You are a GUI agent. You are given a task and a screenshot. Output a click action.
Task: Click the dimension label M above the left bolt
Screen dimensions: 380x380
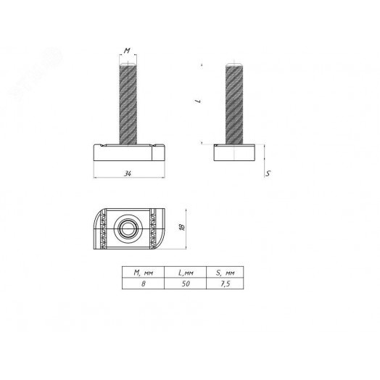127,51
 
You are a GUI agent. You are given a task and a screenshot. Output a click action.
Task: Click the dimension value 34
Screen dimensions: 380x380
128,174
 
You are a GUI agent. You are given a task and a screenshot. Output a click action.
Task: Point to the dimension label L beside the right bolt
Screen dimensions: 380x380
197,102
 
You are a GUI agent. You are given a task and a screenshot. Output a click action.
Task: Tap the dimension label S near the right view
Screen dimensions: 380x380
268,174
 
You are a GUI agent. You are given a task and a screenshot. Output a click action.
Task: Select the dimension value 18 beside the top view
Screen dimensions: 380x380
182,227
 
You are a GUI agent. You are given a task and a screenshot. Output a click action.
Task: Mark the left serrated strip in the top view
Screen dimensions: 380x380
110,228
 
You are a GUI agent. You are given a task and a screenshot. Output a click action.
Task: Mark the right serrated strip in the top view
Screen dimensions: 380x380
152,228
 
